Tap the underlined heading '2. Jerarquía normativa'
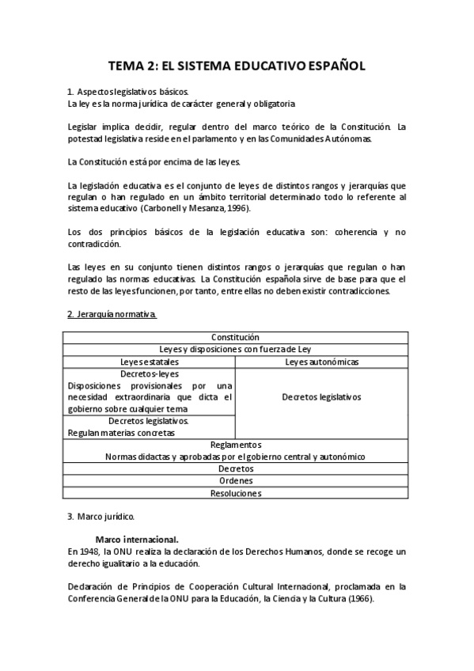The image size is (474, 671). coord(111,314)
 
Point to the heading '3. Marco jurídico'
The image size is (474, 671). coord(100,517)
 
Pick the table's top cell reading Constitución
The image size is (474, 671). coord(235,337)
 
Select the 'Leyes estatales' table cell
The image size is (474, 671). coord(149,362)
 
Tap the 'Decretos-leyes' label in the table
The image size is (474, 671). coord(149,373)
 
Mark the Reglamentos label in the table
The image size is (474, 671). coord(235,445)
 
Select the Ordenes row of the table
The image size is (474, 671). coord(235,480)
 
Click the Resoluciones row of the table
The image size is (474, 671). coord(235,493)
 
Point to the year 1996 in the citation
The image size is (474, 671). coord(238,208)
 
